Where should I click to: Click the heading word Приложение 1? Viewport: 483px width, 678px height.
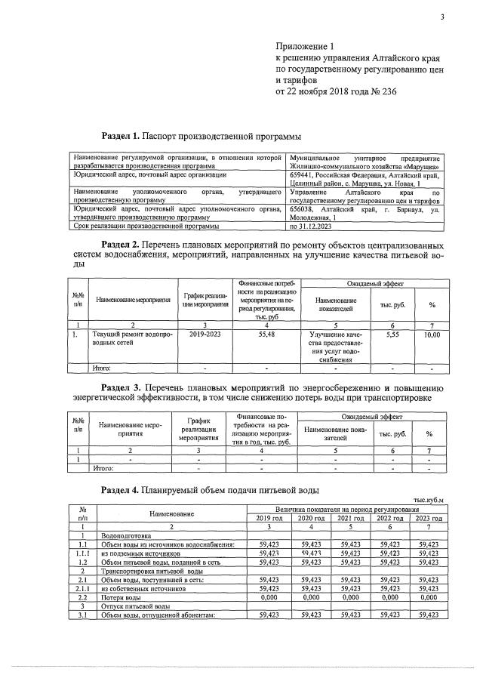304,47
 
